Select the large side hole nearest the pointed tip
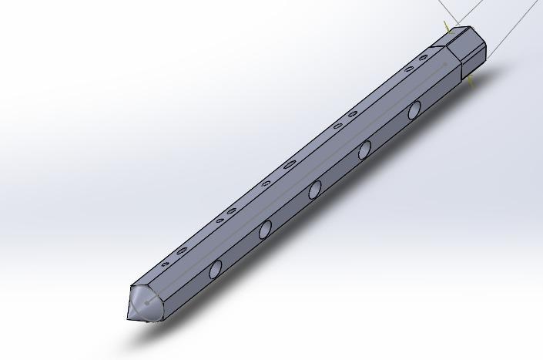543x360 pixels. click(216, 269)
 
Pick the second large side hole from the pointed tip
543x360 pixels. click(265, 229)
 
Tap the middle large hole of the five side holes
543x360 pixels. click(315, 190)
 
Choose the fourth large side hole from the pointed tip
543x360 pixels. click(364, 150)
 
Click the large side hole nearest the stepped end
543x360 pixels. click(414, 109)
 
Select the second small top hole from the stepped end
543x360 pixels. click(407, 68)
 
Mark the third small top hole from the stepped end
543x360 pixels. click(353, 114)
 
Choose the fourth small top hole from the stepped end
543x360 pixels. click(337, 125)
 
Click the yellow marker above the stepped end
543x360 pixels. click(447, 28)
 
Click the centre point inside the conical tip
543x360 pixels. click(146, 303)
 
